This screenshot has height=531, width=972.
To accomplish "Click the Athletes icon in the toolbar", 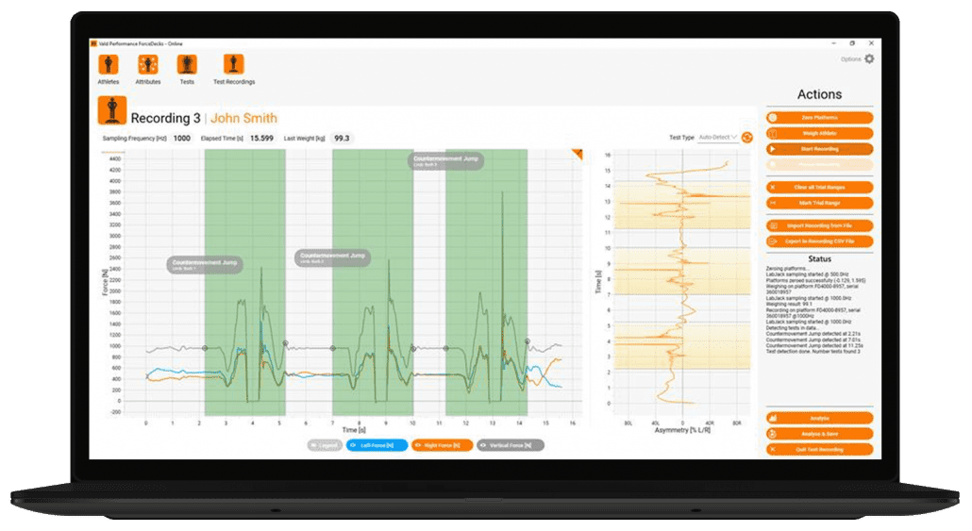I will coord(109,64).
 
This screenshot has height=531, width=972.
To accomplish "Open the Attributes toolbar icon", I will coord(148,64).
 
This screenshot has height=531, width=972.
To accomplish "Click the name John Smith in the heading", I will coord(243,118).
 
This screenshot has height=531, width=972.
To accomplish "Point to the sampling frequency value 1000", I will coord(181,138).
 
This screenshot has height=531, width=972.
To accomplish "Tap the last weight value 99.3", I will coord(341,138).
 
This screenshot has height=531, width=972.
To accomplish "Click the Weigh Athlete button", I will coord(819,133).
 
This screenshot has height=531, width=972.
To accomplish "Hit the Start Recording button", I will coord(819,149).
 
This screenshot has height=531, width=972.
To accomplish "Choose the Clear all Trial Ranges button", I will coord(819,187).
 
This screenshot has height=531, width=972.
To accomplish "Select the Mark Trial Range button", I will coord(819,203).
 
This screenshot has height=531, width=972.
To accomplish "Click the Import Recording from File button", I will coord(819,226).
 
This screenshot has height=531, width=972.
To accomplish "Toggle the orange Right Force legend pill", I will coord(442,444).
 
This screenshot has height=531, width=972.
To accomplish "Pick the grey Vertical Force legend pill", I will coord(511,444).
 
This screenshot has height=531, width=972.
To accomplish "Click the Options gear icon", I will coord(869,58).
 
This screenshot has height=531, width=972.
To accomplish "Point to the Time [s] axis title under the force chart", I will coord(347,430).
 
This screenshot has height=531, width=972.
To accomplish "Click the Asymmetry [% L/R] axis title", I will coord(683,430).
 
